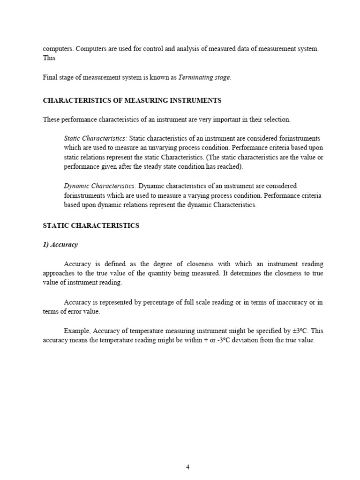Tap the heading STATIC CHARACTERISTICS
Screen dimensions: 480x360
point(91,225)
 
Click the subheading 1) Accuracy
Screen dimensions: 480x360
point(60,245)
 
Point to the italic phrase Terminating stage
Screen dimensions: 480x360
point(204,77)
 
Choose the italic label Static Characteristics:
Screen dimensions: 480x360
point(95,138)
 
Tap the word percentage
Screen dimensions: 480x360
point(144,302)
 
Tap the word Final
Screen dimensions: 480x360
point(50,77)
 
